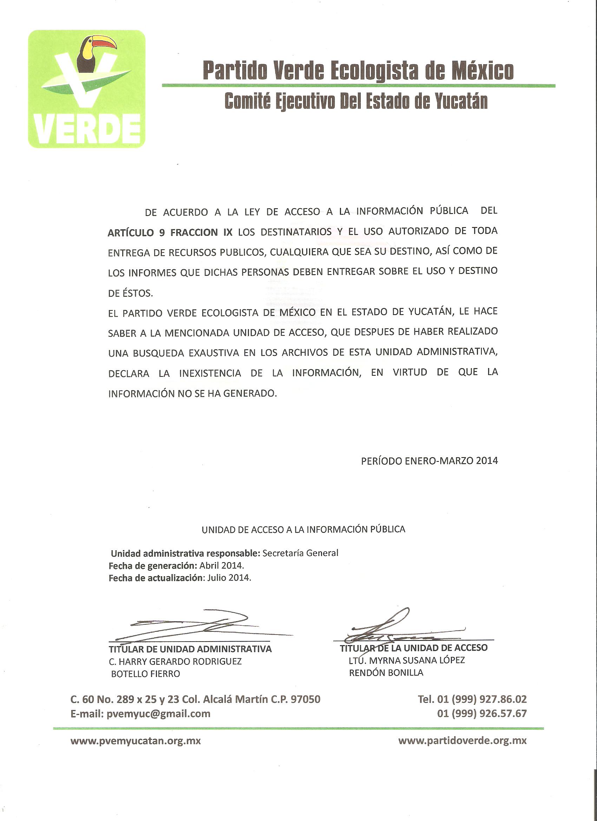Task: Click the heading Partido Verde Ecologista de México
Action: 358,70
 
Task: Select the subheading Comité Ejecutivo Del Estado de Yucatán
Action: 355,101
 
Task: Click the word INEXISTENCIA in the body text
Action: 210,373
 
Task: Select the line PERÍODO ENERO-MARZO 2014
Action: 429,461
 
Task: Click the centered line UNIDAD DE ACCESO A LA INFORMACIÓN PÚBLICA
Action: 303,530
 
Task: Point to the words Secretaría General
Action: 300,553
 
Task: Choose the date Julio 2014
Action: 229,578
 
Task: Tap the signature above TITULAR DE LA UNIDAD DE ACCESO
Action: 395,628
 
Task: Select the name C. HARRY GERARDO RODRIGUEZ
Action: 175,661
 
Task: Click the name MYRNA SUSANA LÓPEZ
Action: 417,660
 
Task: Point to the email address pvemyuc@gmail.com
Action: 159,714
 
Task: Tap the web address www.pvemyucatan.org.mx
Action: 136,741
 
